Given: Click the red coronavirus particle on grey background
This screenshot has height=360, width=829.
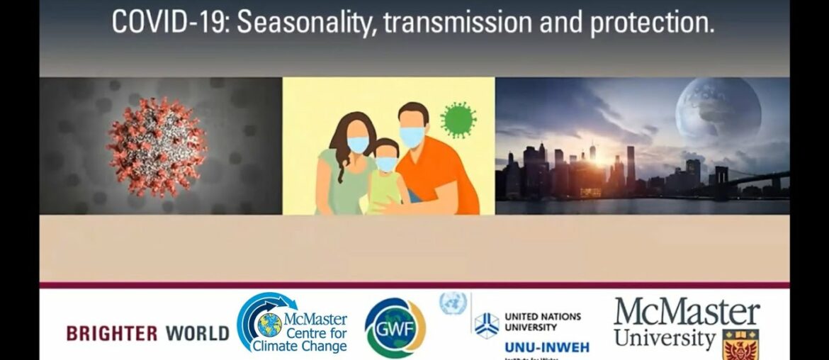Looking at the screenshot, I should pos(156,146).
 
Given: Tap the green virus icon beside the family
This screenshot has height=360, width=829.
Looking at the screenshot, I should pos(458,120).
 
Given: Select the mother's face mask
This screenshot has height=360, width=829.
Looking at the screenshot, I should pos(359,145).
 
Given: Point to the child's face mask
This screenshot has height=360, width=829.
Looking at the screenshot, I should pos(386,164).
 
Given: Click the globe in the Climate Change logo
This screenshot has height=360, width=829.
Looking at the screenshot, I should pos(269,325).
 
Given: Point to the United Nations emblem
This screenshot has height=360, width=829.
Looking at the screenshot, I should pos(453,303).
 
